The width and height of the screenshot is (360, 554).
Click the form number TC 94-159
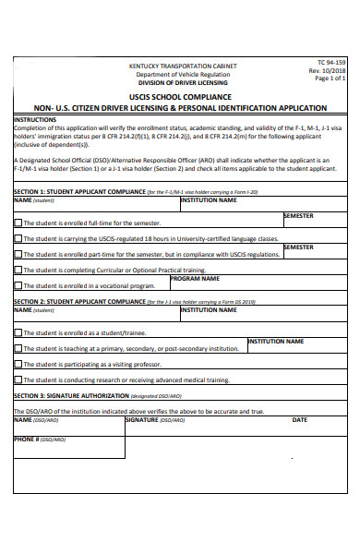tap(330, 62)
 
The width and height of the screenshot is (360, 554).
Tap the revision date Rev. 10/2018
tap(328, 70)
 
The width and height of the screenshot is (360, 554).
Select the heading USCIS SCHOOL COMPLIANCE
tap(181, 95)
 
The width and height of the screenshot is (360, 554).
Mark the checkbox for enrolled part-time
tap(18, 254)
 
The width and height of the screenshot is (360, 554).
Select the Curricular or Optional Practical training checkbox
tap(18, 270)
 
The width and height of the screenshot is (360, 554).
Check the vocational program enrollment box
tap(18, 286)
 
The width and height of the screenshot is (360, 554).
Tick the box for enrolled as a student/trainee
tap(18, 332)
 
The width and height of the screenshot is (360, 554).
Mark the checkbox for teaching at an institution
tap(18, 349)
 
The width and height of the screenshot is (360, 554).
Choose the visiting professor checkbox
tap(18, 364)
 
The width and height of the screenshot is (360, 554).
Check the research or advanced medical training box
tap(18, 379)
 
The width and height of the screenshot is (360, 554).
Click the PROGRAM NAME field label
tap(195, 278)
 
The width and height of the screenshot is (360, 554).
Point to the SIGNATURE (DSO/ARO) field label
tap(155, 419)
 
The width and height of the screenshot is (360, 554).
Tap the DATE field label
tap(299, 419)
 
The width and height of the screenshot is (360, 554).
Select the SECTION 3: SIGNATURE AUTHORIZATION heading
tap(88, 395)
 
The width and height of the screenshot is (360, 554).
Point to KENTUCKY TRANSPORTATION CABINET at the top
tap(182, 66)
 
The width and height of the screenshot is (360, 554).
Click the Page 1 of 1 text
tap(330, 78)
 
